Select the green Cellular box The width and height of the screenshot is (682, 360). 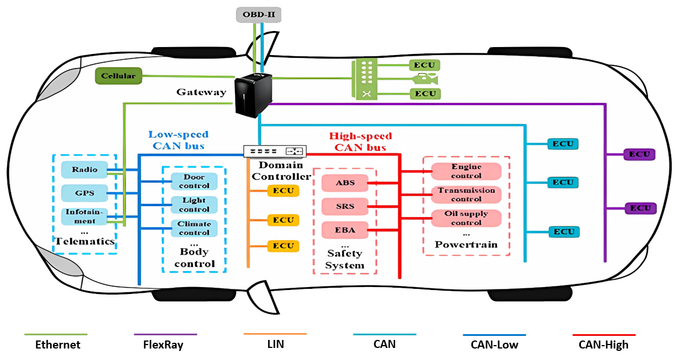(118, 76)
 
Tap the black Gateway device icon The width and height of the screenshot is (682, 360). (252, 95)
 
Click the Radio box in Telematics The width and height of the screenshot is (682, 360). (84, 170)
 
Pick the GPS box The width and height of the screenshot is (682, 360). (84, 193)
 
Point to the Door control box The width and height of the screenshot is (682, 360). (194, 181)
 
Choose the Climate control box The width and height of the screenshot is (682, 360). (194, 228)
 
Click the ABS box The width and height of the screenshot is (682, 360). (344, 184)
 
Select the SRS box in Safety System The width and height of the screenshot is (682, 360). (344, 207)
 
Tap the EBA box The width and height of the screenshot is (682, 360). (344, 230)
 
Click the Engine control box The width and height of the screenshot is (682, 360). (466, 171)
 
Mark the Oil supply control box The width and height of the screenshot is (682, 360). (466, 218)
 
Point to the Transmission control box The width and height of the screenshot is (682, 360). (466, 195)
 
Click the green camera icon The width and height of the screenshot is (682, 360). (424, 79)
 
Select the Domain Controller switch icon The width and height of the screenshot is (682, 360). (274, 151)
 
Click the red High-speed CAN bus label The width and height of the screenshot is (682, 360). (360, 142)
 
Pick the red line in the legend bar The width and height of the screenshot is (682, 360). (604, 335)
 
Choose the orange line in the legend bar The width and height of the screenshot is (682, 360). (275, 334)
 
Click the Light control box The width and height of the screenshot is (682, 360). (194, 205)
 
